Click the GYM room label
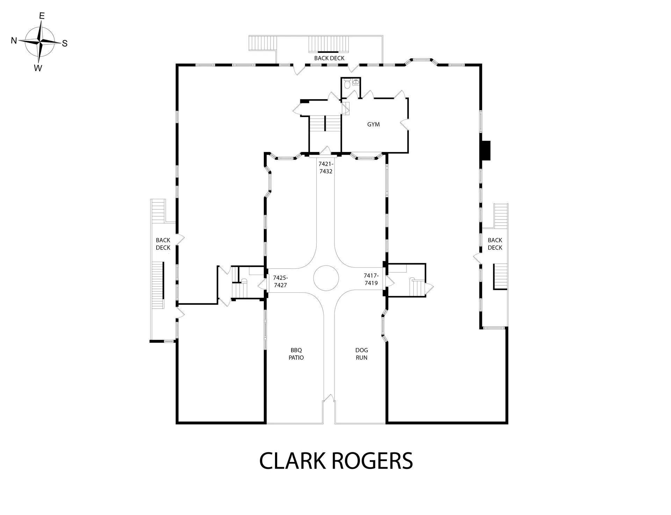coord(373,124)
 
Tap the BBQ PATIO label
coord(296,354)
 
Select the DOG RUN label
coord(361,354)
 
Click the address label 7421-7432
coord(326,167)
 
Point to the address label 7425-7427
coord(280,281)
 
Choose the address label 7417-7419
coord(371,279)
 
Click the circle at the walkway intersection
coord(326,278)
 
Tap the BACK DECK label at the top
coord(329,58)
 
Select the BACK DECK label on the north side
coord(163,244)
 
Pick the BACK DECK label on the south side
coord(495,244)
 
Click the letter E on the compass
coord(42,16)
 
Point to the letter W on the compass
coord(38,68)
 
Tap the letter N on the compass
coord(14,41)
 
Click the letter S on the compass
coord(65,43)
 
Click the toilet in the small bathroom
coord(347,84)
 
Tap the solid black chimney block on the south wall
coord(486,150)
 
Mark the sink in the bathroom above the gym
coord(356,82)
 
